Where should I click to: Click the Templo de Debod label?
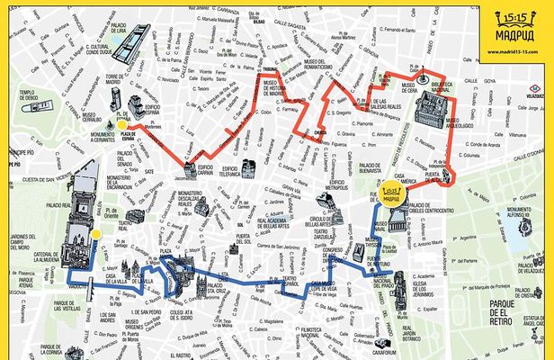coord(24,96)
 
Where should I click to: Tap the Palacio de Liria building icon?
coord(132,38)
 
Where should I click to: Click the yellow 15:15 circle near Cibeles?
coord(391,193)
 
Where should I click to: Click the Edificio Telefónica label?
coord(228,170)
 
